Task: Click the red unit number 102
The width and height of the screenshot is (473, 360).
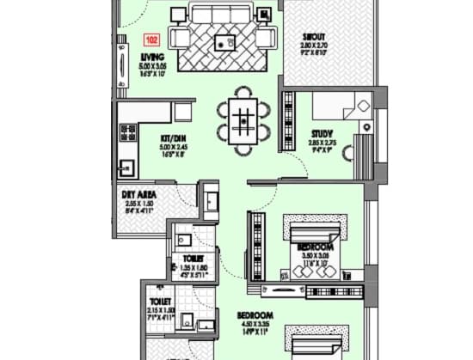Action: click(151, 40)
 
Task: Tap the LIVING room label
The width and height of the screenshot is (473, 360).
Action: click(152, 58)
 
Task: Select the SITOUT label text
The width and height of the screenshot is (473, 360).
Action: click(314, 37)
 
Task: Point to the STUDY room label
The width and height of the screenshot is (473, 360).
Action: click(322, 132)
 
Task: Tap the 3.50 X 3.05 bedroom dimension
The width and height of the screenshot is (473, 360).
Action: click(314, 257)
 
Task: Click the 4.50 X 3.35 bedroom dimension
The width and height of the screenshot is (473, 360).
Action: click(255, 324)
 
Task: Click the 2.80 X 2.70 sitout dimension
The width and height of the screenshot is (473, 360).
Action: click(314, 45)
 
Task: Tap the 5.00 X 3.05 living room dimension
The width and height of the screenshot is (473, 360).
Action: click(152, 66)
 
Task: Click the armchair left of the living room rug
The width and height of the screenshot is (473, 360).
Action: click(180, 39)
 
